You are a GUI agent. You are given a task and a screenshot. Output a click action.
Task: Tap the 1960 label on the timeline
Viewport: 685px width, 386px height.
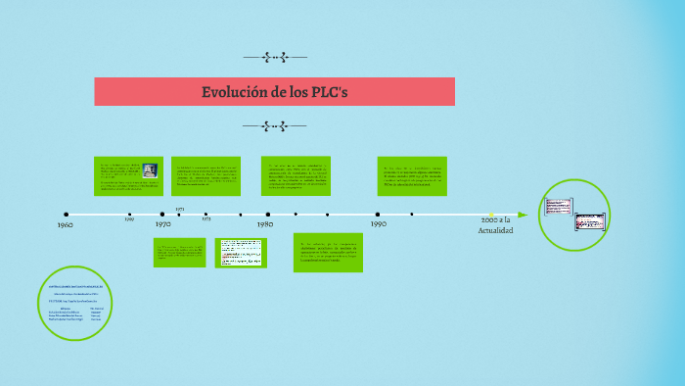[x=66, y=225]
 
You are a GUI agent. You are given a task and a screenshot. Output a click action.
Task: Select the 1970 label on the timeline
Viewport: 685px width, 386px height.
[x=163, y=224]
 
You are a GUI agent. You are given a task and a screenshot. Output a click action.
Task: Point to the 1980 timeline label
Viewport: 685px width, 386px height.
[x=265, y=224]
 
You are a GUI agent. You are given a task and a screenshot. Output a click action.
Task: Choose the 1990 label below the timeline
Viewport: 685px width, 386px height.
[x=378, y=224]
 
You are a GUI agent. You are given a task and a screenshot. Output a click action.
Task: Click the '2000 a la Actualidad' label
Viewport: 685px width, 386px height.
[x=495, y=226]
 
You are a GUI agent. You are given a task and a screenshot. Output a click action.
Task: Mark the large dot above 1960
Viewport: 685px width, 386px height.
[x=67, y=214]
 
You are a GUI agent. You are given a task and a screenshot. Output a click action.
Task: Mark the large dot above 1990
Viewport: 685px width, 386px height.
[x=378, y=214]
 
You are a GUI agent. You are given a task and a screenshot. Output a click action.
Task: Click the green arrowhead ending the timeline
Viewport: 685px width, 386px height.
[x=523, y=215]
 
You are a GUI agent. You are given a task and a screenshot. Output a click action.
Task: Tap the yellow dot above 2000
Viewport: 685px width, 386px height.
[x=490, y=214]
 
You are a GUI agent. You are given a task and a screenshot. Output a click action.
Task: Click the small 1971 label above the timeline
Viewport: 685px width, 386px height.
[x=180, y=209]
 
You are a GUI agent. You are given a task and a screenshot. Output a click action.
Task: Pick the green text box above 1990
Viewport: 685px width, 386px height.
[x=412, y=175]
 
